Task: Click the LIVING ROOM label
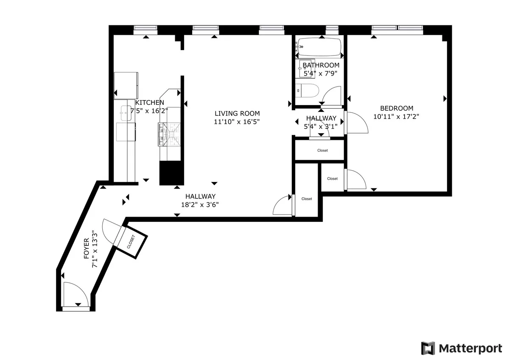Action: (x=237, y=113)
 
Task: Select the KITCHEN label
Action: (x=149, y=103)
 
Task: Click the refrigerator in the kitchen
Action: (x=126, y=85)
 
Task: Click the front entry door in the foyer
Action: (x=76, y=294)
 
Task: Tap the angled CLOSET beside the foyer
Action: (x=131, y=242)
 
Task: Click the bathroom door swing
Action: (x=332, y=95)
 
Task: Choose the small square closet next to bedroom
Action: (x=333, y=179)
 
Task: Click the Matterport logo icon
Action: (x=428, y=348)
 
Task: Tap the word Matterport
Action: (x=470, y=348)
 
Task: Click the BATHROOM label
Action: (x=321, y=65)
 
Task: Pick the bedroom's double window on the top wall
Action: (x=398, y=29)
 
